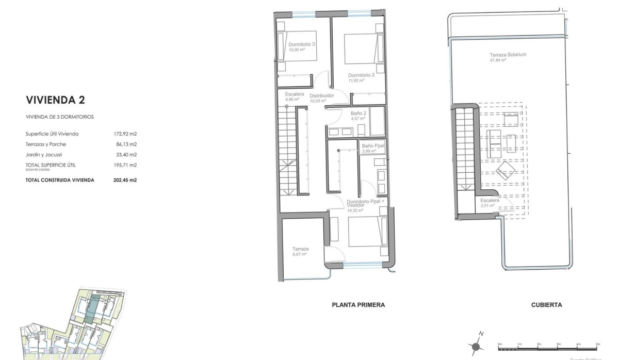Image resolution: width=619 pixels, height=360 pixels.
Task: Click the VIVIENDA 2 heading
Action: click(56, 100)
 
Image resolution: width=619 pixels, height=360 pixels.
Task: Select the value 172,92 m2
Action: click(125, 134)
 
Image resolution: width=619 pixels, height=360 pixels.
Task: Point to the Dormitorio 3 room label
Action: click(302, 45)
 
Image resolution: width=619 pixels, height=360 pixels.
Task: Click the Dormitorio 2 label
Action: click(361, 75)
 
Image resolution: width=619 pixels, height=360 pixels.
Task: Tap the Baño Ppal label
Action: click(372, 146)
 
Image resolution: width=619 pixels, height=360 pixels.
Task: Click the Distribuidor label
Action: click(321, 96)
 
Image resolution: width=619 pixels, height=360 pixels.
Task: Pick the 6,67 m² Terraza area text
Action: click(300, 254)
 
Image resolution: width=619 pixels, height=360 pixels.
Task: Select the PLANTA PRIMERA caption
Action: click(357, 305)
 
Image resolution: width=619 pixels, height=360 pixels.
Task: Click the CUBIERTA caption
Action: click(546, 305)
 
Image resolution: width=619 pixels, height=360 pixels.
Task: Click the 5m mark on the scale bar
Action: click(597, 343)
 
